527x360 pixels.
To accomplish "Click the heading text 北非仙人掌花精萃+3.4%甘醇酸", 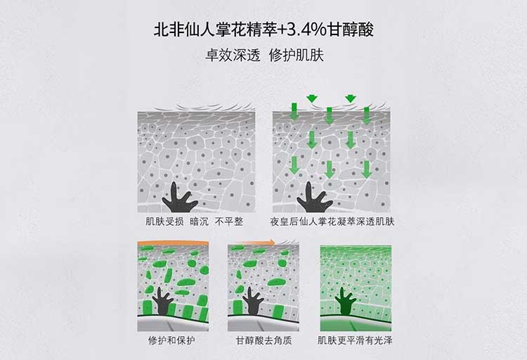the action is pyautogui.click(x=263, y=30).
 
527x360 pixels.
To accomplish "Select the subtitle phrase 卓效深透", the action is pyautogui.click(x=233, y=56).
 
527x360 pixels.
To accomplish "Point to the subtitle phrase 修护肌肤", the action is pyautogui.click(x=297, y=56).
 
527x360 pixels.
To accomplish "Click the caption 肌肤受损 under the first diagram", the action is pyautogui.click(x=164, y=221).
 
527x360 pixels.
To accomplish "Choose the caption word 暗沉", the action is pyautogui.click(x=200, y=221).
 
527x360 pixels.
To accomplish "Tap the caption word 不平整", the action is pyautogui.click(x=229, y=221).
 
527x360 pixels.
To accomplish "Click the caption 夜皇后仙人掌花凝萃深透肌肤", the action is pyautogui.click(x=332, y=221).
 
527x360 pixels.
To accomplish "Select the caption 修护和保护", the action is pyautogui.click(x=171, y=340).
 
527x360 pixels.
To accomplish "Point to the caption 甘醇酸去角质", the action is pyautogui.click(x=263, y=340).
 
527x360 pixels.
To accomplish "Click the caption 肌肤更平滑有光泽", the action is pyautogui.click(x=355, y=340).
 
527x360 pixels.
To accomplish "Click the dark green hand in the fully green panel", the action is pyautogui.click(x=346, y=302).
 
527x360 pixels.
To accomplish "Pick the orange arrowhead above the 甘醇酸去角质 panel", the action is pyautogui.click(x=271, y=242).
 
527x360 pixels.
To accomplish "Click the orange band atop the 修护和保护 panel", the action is pyautogui.click(x=173, y=243).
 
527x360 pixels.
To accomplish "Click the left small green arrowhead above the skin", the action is pyautogui.click(x=312, y=98).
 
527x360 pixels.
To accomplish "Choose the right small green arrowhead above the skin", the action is pyautogui.click(x=351, y=98).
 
